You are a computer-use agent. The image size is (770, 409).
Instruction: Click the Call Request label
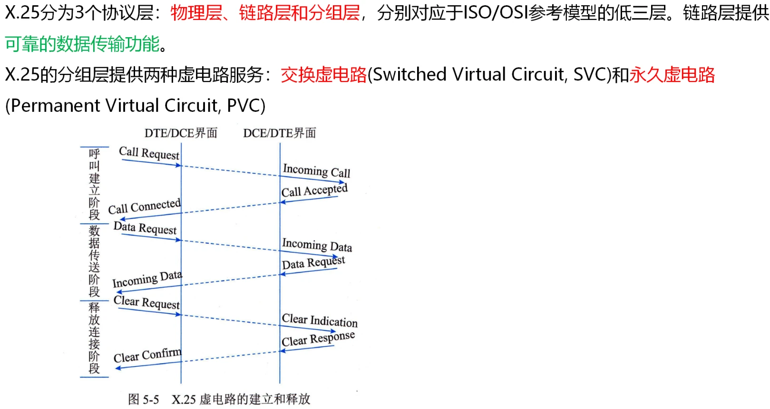(x=149, y=153)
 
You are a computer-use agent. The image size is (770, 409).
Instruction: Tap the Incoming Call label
(x=316, y=171)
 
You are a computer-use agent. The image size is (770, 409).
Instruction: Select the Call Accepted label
(x=314, y=190)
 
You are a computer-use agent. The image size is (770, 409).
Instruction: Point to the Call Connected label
(x=144, y=207)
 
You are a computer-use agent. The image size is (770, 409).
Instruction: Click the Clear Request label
(x=146, y=302)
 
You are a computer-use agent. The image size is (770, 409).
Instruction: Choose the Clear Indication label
(x=319, y=320)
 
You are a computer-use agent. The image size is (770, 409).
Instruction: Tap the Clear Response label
(x=318, y=339)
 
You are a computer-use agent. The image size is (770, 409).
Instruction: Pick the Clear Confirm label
(x=147, y=355)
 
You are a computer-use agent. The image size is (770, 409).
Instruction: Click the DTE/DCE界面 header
(x=181, y=133)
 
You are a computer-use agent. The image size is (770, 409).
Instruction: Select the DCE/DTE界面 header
(x=280, y=133)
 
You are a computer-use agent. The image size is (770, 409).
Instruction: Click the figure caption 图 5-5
(x=143, y=399)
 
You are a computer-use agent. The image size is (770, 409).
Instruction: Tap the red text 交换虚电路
(x=323, y=75)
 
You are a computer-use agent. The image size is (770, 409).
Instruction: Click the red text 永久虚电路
(x=672, y=75)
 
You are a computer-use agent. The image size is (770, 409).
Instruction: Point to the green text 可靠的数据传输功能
(x=82, y=44)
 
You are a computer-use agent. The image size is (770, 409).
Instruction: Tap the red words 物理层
(x=196, y=13)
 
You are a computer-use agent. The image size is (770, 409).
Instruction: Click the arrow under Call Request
(x=151, y=163)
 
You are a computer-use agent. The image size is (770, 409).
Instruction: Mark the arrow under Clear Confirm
(x=148, y=365)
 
